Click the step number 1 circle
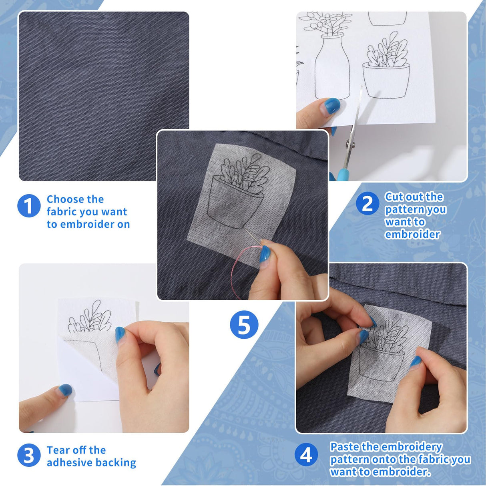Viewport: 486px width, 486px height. pyautogui.click(x=29, y=206)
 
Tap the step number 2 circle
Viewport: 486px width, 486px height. pyautogui.click(x=367, y=204)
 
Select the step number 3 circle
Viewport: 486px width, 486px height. pyautogui.click(x=29, y=455)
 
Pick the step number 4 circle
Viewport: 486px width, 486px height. pyautogui.click(x=306, y=455)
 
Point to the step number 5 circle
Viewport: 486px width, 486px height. pyautogui.click(x=244, y=325)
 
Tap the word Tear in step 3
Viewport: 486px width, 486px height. pyautogui.click(x=58, y=450)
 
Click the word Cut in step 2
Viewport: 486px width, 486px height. pyautogui.click(x=394, y=197)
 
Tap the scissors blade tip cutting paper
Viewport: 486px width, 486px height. pyautogui.click(x=361, y=88)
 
